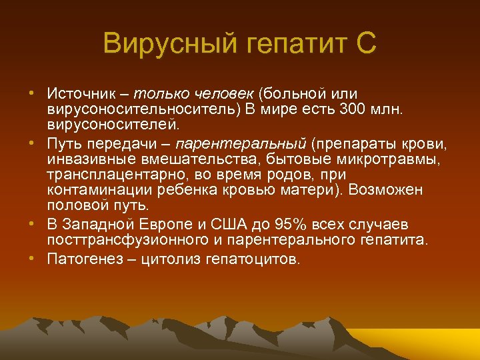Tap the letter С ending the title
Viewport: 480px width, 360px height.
(x=366, y=45)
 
